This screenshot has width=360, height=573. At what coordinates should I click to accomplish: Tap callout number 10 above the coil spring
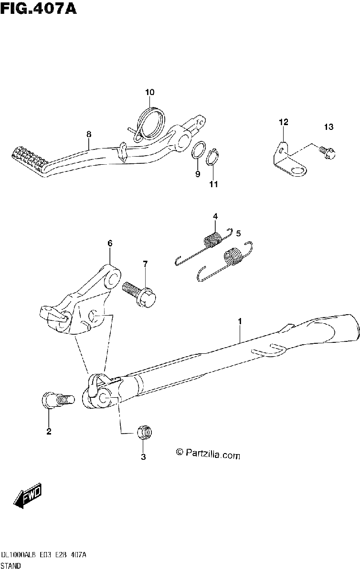click(x=149, y=92)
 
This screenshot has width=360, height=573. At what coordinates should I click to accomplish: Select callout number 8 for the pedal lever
click(x=89, y=134)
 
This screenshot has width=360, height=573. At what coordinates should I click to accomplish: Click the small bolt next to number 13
click(x=327, y=153)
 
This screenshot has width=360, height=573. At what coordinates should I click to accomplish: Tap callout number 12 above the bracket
click(x=284, y=122)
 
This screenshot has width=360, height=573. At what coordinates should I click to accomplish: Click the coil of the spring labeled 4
click(x=213, y=240)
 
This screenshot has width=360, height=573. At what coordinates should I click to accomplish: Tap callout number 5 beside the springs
click(x=238, y=233)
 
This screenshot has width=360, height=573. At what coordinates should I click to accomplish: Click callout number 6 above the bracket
click(x=110, y=243)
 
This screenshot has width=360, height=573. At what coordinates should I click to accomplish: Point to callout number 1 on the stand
click(x=240, y=321)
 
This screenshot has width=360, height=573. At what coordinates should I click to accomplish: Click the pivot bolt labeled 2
click(x=58, y=400)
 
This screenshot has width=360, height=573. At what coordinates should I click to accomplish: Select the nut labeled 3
click(x=145, y=432)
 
